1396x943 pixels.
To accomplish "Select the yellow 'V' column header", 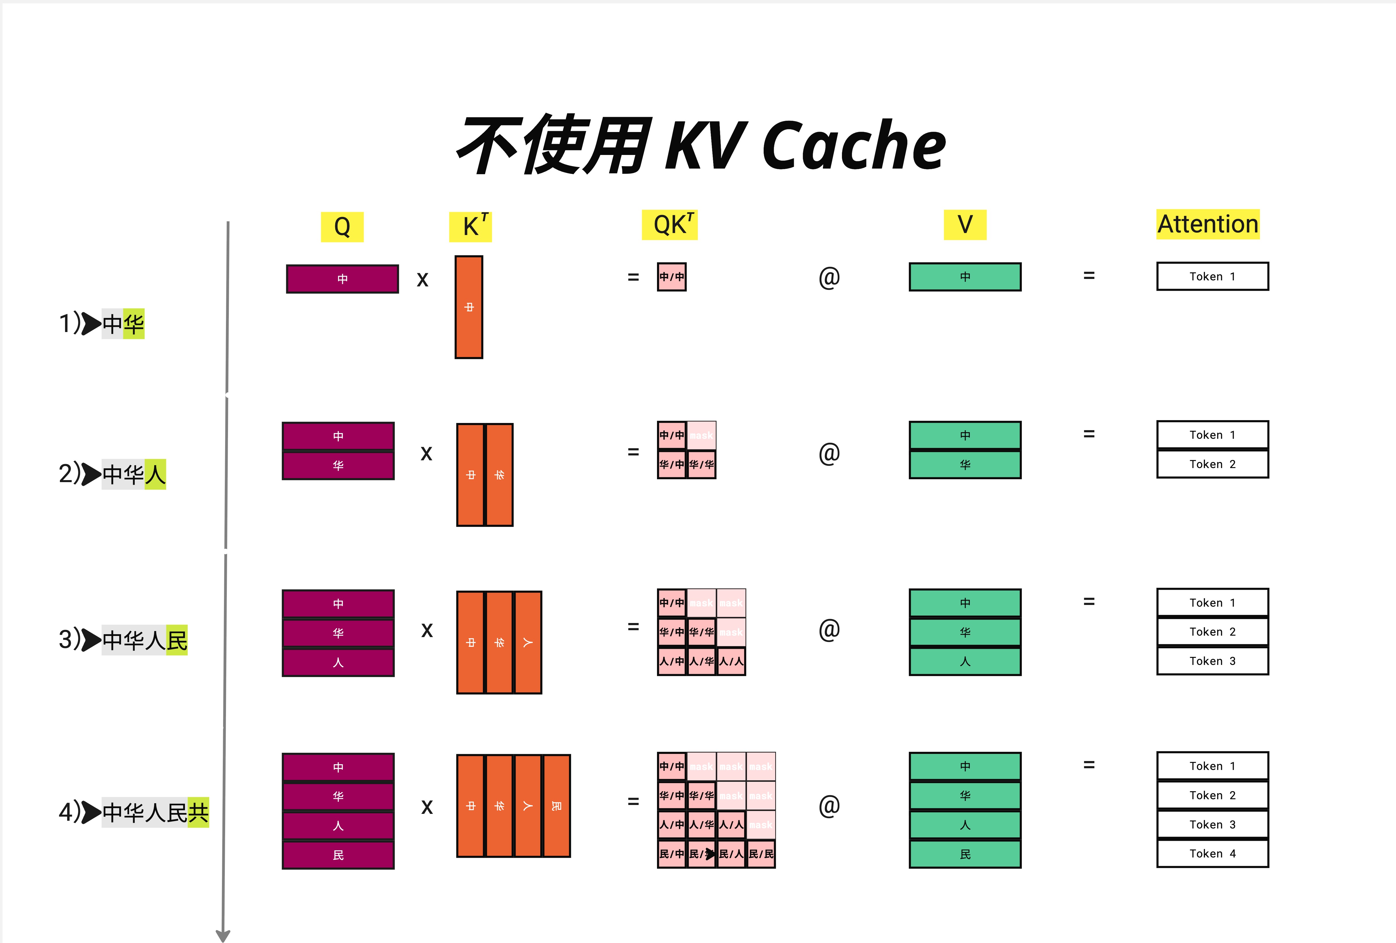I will pyautogui.click(x=965, y=225).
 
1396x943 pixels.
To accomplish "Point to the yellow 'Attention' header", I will pyautogui.click(x=1207, y=224).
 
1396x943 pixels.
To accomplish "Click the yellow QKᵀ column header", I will pyautogui.click(x=670, y=225).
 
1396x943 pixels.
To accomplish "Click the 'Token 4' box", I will pyautogui.click(x=1212, y=853).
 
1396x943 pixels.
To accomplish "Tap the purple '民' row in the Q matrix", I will pyautogui.click(x=338, y=855).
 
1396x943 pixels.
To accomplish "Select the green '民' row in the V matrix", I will pyautogui.click(x=965, y=854).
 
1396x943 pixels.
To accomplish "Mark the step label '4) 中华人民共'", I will pyautogui.click(x=133, y=813).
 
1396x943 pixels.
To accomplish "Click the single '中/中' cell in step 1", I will pyautogui.click(x=672, y=277).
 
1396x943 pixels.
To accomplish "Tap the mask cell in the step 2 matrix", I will pyautogui.click(x=701, y=435).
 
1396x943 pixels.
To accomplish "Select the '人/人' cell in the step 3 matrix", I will pyautogui.click(x=731, y=661).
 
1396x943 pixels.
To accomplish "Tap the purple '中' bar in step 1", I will pyautogui.click(x=342, y=279).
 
